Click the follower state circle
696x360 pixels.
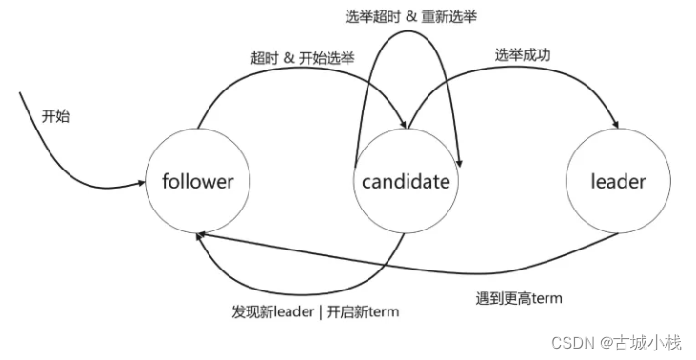coord(197,181)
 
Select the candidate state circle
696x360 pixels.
coord(406,181)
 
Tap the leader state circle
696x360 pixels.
coord(618,181)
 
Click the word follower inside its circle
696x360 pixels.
coord(197,181)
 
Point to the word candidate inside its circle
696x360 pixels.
coord(406,181)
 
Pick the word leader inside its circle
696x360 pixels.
coord(618,181)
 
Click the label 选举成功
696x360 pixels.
coord(521,55)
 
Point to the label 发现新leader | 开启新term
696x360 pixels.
coord(313,311)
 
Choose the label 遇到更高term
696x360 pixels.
coord(519,297)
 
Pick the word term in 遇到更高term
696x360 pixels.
coord(547,298)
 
